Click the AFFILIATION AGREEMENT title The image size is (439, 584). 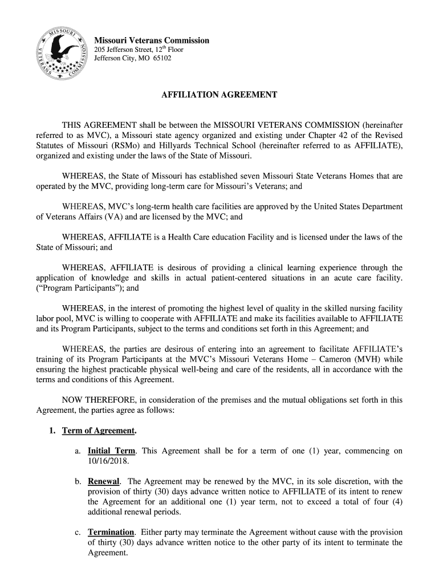(x=219, y=95)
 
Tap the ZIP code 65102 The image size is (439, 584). (x=161, y=59)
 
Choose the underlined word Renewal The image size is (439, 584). (x=104, y=481)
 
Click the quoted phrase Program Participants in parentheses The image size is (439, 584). (x=73, y=289)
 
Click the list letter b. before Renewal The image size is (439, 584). (x=78, y=481)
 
